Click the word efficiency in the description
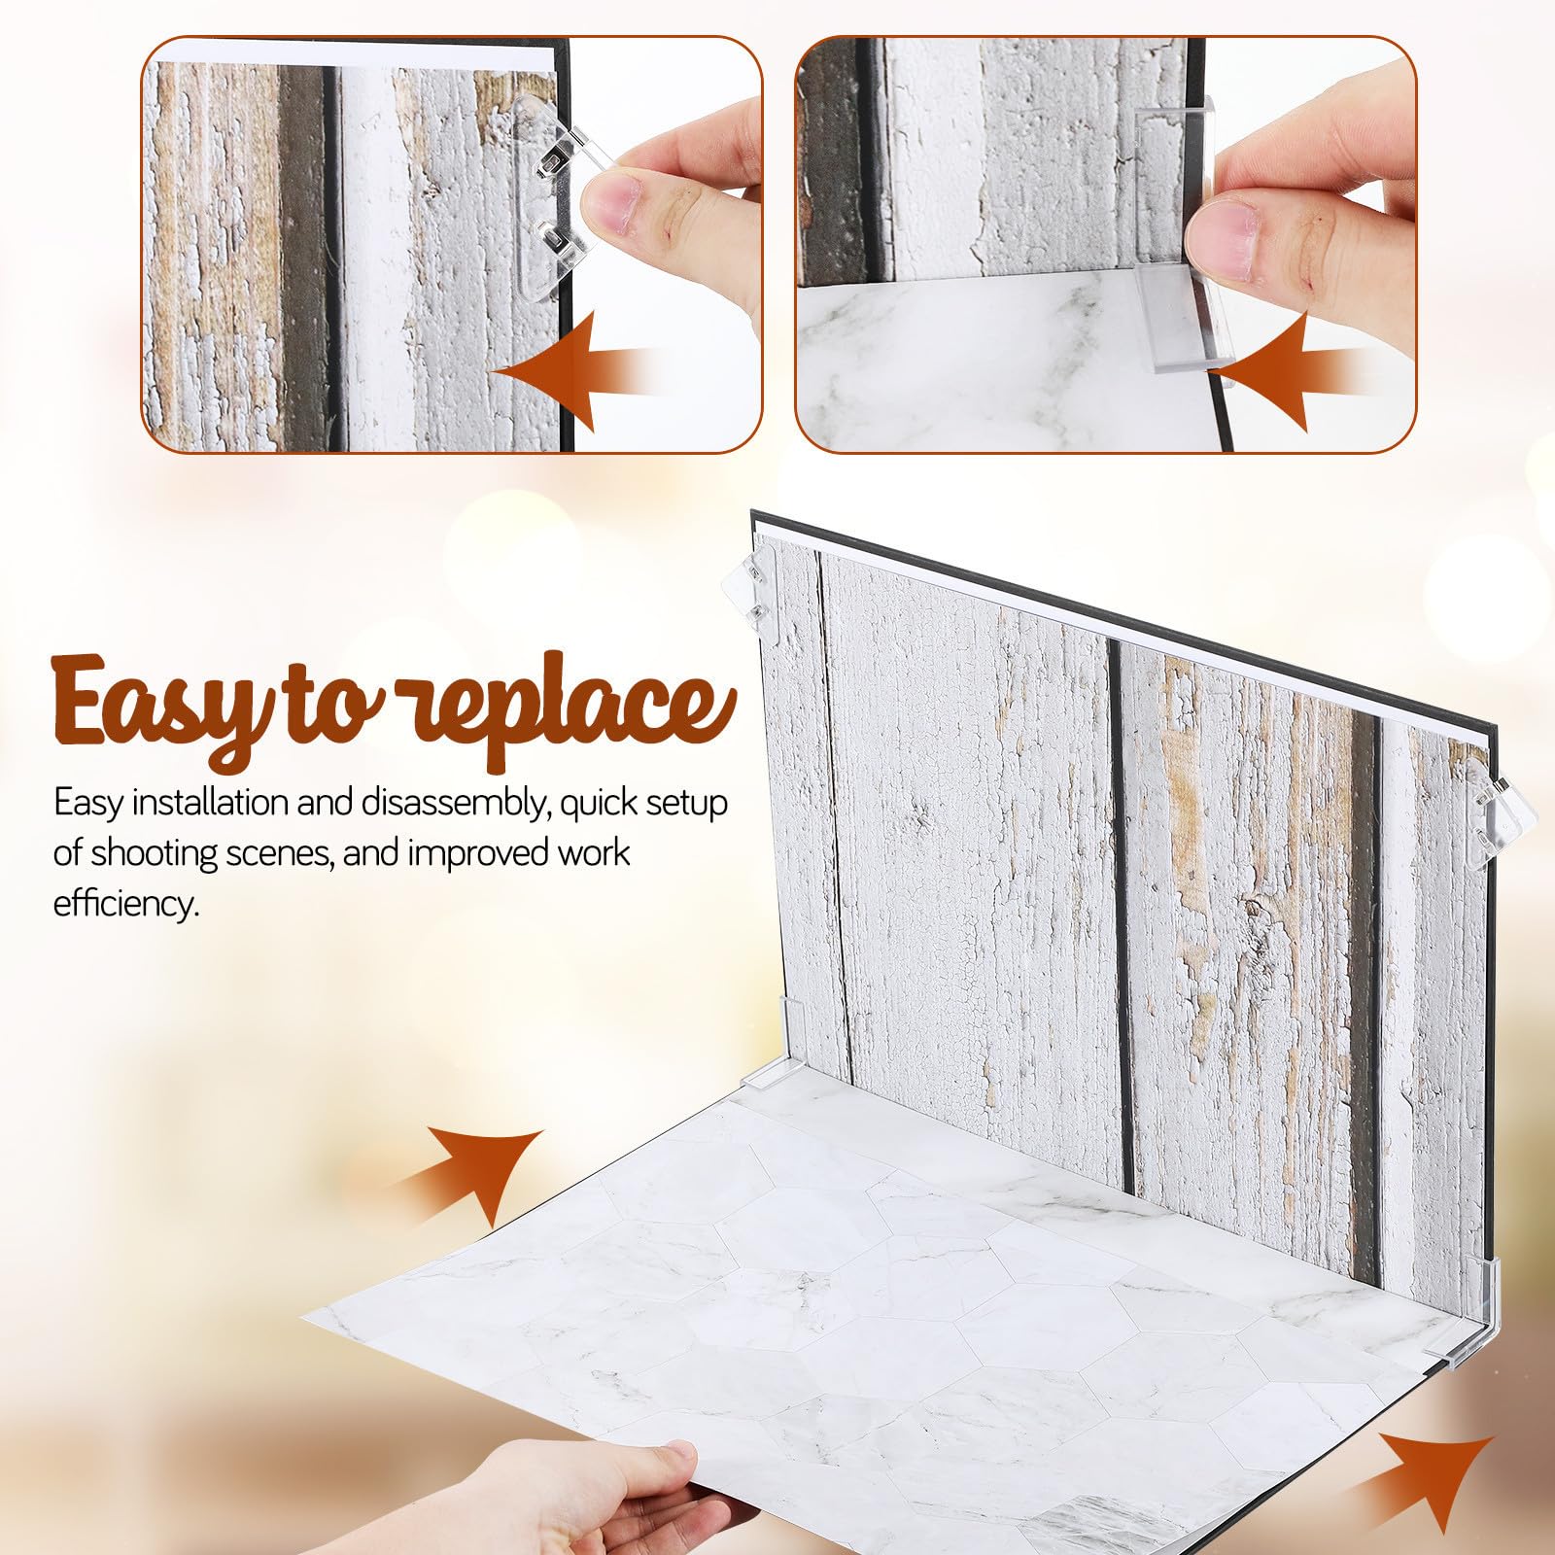pos(125,904)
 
